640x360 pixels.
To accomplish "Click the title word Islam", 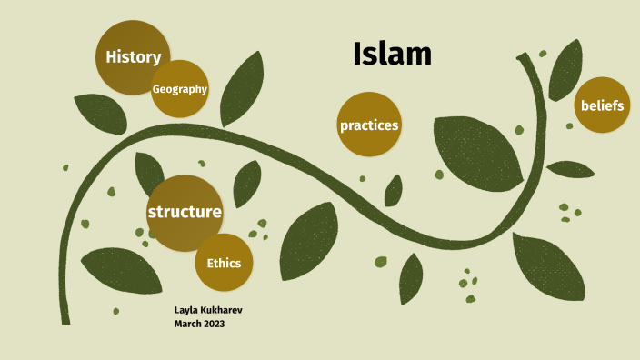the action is [392, 55].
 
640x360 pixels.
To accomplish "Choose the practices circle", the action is [369, 125].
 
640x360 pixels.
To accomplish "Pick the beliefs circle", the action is [602, 105].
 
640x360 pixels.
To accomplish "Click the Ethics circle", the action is [224, 263].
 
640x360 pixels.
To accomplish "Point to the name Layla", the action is [187, 311].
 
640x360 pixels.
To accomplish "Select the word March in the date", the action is [188, 324].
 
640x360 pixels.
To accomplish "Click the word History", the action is [133, 57].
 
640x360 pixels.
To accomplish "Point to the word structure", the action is [185, 212].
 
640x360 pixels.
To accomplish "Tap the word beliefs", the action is [602, 106].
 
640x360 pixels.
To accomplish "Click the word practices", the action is [369, 125].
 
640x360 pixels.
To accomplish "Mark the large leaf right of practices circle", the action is [477, 150].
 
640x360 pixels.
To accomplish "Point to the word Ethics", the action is [224, 264].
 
